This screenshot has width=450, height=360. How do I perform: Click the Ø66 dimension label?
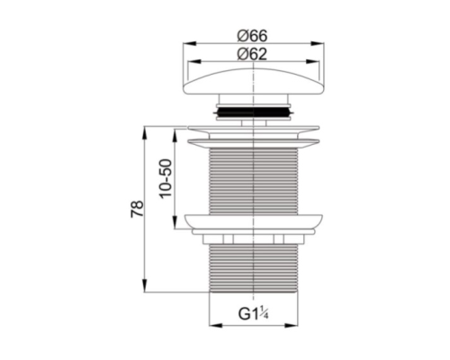(252, 36)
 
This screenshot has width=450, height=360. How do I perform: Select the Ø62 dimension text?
(252, 55)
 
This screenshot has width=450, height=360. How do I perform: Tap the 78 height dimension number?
(137, 209)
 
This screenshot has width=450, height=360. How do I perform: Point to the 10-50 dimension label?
(166, 178)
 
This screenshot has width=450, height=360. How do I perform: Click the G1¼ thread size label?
(254, 313)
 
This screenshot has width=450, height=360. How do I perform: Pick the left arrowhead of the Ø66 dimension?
(190, 43)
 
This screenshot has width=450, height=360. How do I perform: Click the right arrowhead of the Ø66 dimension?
(318, 43)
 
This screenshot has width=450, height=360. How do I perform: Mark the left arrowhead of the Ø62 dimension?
(193, 61)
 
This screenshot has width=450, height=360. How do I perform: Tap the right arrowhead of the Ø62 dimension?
(312, 61)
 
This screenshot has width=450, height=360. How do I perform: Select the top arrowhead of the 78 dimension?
(145, 132)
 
